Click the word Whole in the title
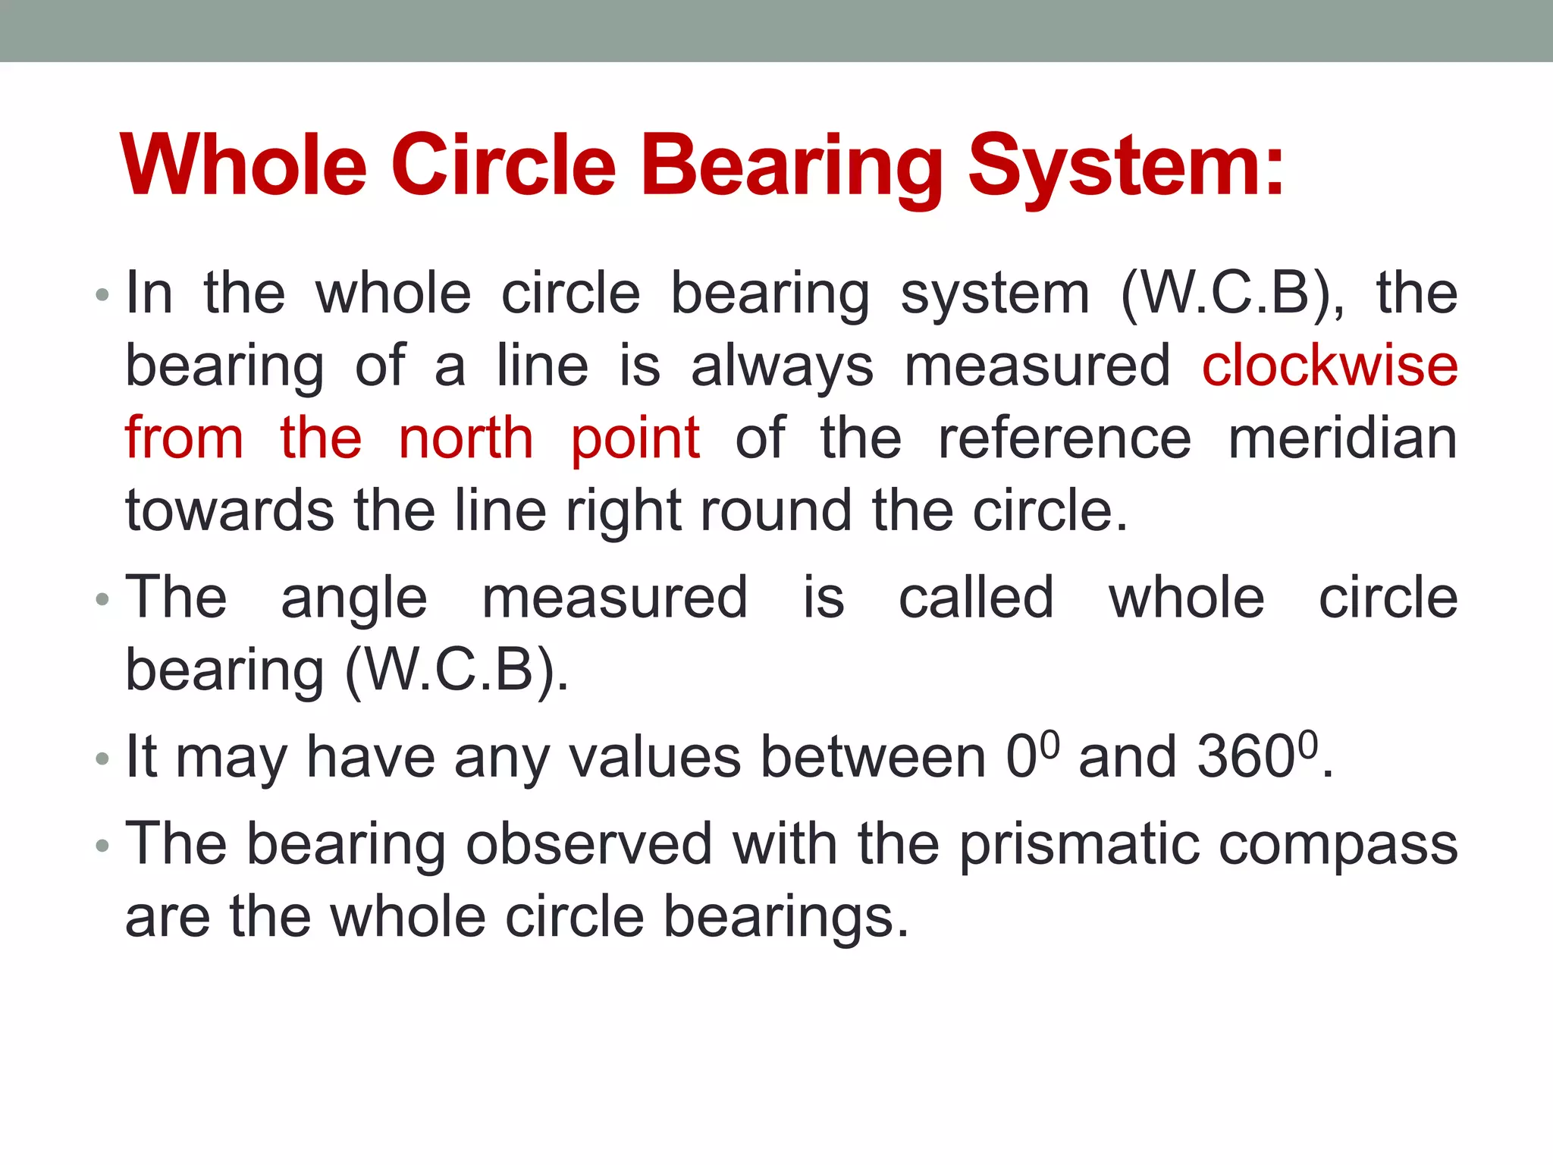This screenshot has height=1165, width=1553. coord(243,165)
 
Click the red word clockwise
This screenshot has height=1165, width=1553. coord(1329,366)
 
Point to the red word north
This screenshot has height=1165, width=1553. coord(466,438)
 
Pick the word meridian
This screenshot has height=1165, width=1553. coord(1342,438)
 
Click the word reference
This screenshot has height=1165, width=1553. coord(1065,438)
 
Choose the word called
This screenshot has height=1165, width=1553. coord(976,598)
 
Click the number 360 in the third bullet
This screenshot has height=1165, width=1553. coord(1246,757)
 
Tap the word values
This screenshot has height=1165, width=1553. coord(654,757)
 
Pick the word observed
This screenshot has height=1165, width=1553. coord(588,843)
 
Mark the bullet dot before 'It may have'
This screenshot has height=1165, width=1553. coord(102,758)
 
